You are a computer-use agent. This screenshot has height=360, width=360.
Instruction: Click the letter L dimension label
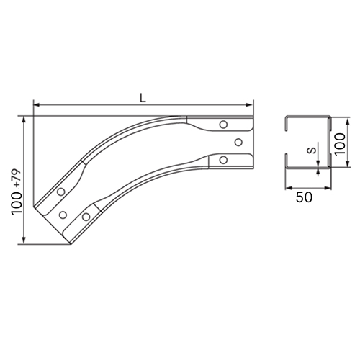143,98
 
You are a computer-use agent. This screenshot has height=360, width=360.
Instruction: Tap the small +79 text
17,179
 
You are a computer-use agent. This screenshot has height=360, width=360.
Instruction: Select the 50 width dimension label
304,197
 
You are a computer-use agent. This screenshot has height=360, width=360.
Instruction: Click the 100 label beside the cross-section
340,144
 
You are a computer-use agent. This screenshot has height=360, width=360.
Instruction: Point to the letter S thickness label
312,150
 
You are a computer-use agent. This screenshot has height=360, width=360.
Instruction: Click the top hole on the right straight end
223,125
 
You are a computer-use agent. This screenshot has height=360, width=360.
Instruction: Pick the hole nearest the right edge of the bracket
238,143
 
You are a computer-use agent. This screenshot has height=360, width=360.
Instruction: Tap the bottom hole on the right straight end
223,160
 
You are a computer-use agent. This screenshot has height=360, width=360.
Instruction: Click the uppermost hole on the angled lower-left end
61,192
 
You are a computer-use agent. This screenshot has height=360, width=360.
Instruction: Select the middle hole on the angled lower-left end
63,215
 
